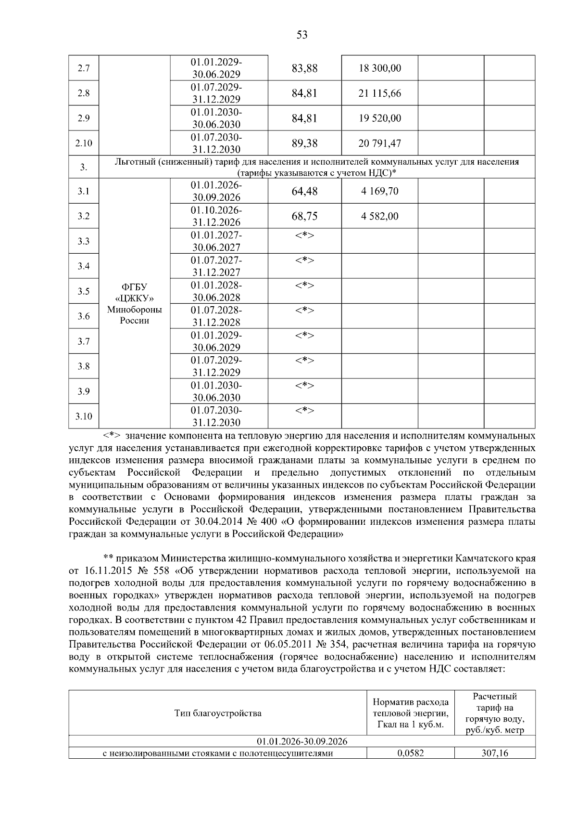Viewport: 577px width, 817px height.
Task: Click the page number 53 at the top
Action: [302, 35]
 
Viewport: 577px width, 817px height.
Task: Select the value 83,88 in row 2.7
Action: [304, 68]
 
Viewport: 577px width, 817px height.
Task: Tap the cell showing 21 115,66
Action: [379, 93]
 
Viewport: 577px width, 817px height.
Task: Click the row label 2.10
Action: [84, 143]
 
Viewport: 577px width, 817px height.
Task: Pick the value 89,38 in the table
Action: [304, 143]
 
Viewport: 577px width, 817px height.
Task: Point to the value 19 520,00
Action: [379, 118]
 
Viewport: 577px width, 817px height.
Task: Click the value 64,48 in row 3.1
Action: [304, 192]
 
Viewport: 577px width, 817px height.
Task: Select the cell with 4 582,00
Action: [379, 217]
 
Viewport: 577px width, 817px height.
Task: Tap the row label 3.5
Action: [84, 291]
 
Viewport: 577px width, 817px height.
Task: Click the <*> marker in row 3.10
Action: [304, 411]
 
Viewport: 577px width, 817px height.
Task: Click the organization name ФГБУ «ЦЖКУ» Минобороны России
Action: [134, 304]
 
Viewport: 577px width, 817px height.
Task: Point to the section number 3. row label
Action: [84, 168]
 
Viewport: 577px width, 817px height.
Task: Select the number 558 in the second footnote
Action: [151, 571]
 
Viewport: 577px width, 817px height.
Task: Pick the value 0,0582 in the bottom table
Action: [411, 754]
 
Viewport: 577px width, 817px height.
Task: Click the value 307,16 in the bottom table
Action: [495, 754]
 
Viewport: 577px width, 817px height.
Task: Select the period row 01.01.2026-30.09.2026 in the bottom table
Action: [302, 741]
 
